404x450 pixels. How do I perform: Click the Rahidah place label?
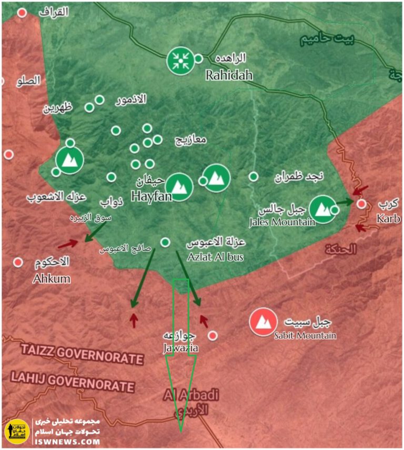229,75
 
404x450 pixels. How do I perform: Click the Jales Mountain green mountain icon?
322,209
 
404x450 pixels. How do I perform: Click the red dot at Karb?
361,204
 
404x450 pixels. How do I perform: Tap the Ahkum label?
51,278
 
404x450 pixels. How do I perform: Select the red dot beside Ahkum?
18,262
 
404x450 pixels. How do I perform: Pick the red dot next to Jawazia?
213,335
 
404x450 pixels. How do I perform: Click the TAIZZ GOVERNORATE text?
82,356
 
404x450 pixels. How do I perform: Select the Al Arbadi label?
191,395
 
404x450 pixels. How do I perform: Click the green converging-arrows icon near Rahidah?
180,61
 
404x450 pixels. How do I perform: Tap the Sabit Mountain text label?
305,335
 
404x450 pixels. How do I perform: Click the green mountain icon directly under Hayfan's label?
179,186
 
